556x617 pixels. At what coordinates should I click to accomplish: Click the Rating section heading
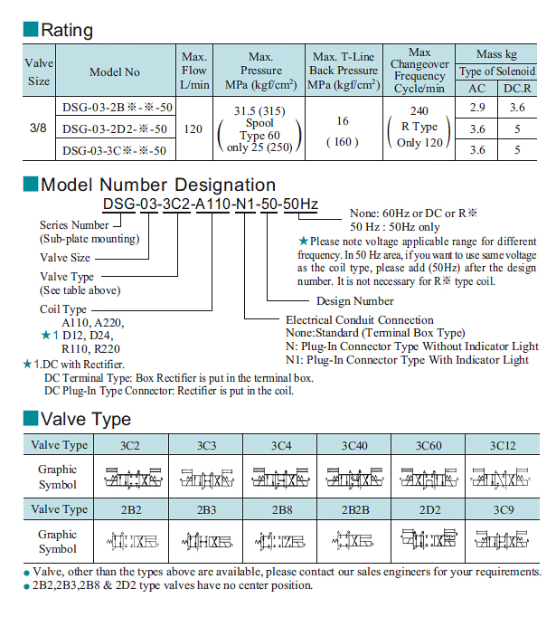click(67, 30)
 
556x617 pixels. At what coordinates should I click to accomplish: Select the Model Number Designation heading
click(158, 185)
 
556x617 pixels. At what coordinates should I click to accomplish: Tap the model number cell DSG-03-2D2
click(115, 128)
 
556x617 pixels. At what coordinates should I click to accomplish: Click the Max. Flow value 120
click(193, 128)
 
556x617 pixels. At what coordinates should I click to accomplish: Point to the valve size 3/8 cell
click(40, 128)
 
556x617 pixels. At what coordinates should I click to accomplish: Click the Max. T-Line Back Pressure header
click(343, 70)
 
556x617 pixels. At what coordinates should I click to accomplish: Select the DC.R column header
click(517, 88)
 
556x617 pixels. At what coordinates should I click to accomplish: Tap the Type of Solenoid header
click(496, 71)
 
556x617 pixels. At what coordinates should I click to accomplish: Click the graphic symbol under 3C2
click(130, 476)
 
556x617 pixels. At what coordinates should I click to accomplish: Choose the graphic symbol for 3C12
click(502, 476)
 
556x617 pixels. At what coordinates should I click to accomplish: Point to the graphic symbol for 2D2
click(428, 541)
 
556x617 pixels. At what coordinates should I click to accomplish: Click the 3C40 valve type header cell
click(353, 445)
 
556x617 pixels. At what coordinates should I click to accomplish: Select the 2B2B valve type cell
click(353, 509)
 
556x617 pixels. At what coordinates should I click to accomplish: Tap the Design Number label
click(354, 300)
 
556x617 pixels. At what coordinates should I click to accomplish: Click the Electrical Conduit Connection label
click(359, 319)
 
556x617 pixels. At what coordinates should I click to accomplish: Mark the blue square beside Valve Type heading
click(30, 419)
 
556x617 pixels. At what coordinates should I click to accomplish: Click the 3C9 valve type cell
click(502, 509)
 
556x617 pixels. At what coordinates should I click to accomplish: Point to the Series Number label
click(74, 224)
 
